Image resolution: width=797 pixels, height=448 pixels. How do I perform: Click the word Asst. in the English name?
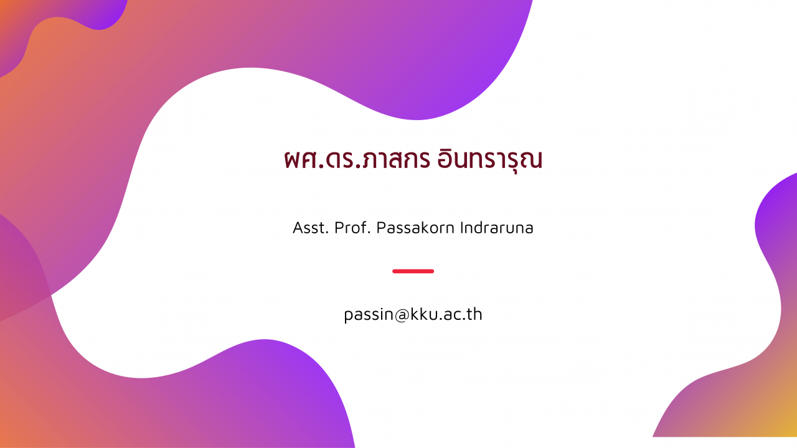[x=310, y=228]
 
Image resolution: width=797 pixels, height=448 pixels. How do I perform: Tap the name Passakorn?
[x=415, y=228]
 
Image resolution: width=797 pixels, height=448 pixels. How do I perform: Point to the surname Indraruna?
[x=497, y=228]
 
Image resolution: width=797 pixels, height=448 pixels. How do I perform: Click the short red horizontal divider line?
[x=413, y=271]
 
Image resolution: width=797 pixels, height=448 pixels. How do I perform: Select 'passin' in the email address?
[x=369, y=315]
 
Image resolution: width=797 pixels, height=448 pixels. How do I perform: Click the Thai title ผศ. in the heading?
[x=304, y=159]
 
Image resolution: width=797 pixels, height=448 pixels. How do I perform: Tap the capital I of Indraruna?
[x=462, y=228]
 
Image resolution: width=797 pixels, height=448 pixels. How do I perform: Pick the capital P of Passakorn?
[x=382, y=228]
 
